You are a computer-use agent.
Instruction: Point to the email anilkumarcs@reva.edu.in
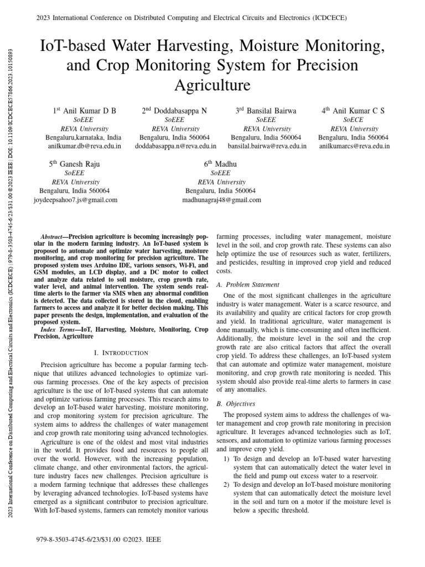pyautogui.click(x=355, y=146)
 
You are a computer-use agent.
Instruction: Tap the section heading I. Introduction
pyautogui.click(x=121, y=353)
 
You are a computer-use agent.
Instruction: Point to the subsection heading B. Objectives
pyautogui.click(x=235, y=404)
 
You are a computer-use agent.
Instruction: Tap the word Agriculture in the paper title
pyautogui.click(x=212, y=85)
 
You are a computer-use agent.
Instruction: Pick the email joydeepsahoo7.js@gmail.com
pyautogui.click(x=76, y=199)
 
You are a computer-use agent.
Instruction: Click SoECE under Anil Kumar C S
pyautogui.click(x=353, y=120)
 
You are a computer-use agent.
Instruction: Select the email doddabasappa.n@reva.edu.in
pyautogui.click(x=175, y=146)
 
